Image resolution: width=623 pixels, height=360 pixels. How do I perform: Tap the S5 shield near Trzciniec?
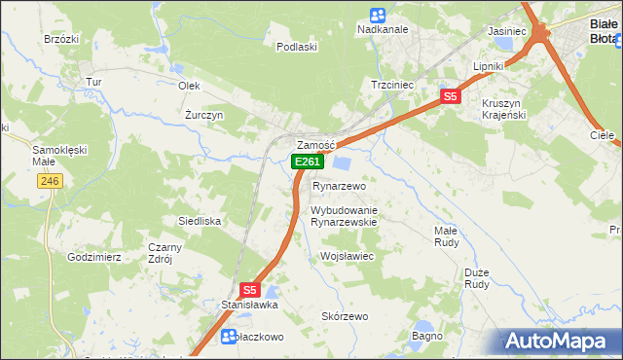point(449,96)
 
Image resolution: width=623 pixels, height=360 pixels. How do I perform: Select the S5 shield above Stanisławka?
point(250,289)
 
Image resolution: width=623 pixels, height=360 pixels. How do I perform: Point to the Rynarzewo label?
point(339,186)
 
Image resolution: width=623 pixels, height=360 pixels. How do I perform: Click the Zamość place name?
point(315,144)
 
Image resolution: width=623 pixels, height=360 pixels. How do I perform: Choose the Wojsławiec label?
point(348,256)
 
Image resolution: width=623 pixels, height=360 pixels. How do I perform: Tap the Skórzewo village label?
point(345,316)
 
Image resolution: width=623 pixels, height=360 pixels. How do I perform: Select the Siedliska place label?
point(200,221)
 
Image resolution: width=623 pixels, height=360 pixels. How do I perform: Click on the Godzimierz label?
point(93,257)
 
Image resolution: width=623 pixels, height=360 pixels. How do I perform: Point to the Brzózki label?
point(60,39)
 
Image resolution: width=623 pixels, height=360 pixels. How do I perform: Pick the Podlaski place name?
point(297,47)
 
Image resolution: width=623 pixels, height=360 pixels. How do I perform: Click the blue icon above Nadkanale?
point(378,15)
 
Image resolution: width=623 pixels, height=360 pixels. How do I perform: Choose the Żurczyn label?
point(204,114)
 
